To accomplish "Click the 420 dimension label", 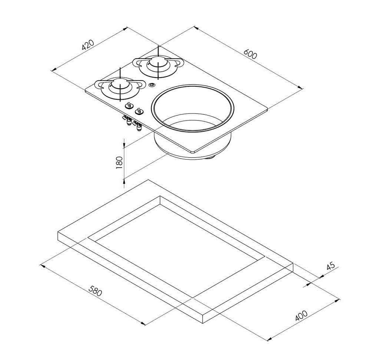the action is (x=88, y=45).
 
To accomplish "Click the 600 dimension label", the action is (x=251, y=54).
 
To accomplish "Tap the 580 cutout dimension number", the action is (x=95, y=291).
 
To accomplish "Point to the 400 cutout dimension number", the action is (x=301, y=316).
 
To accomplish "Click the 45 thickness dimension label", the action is (x=331, y=266).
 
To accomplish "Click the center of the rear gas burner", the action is (x=158, y=63).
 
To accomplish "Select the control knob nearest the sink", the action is (x=138, y=111).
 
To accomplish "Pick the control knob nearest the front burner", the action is (x=129, y=105).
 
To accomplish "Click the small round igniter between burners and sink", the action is (x=151, y=85).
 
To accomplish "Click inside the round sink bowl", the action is (x=193, y=114).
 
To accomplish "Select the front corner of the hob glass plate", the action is (x=193, y=152).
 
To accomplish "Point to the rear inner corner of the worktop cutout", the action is (x=160, y=196).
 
